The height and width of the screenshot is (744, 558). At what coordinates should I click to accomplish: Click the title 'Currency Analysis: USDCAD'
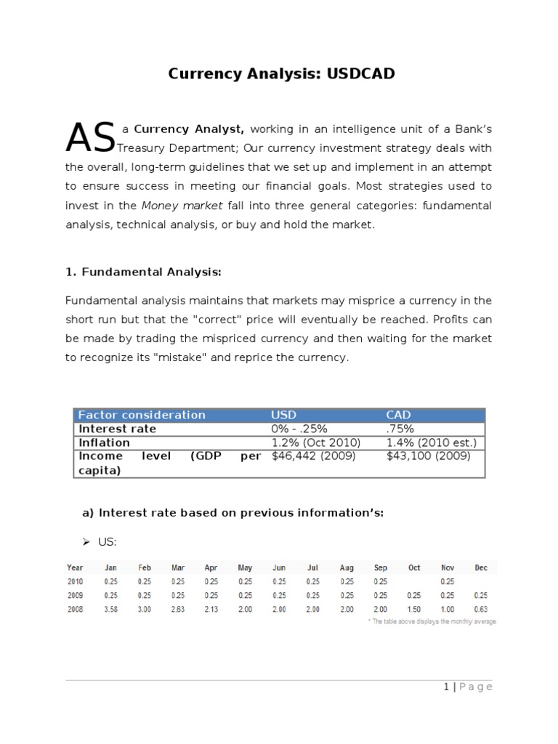[282, 74]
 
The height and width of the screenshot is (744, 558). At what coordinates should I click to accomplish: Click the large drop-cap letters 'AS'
[90, 138]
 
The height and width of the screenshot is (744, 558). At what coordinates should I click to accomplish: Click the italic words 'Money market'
[182, 206]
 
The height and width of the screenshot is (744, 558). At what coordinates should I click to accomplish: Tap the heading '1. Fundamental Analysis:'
[143, 272]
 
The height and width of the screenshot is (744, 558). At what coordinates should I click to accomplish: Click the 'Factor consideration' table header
[142, 415]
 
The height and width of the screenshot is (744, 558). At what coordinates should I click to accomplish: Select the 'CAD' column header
[398, 415]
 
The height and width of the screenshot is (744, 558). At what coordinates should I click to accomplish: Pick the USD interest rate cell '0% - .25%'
[299, 429]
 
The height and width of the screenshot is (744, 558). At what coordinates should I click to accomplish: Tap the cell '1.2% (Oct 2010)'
[315, 442]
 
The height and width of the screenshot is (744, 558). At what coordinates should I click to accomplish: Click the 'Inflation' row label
[104, 442]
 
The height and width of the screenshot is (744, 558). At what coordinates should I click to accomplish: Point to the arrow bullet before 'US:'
[85, 542]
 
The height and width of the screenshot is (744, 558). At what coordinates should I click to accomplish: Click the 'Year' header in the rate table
[75, 567]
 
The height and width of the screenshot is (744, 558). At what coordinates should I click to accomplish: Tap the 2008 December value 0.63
[480, 609]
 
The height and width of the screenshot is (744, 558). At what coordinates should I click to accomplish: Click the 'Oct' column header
[414, 567]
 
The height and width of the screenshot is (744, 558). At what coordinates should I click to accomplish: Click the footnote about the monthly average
[432, 622]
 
